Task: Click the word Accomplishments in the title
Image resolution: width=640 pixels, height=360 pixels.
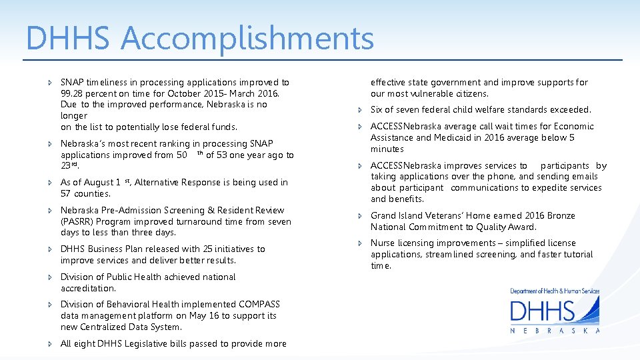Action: (x=247, y=39)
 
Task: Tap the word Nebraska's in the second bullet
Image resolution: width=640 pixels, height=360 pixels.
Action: (x=84, y=143)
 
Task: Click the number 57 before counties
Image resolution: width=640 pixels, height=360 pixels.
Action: (x=66, y=193)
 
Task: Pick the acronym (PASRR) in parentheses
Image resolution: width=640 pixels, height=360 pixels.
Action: (x=77, y=221)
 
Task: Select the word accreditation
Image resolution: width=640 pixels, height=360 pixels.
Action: (x=88, y=288)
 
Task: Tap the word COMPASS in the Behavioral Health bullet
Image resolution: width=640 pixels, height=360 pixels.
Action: (x=259, y=304)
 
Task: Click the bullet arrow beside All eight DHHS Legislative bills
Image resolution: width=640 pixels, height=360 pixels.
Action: (x=51, y=344)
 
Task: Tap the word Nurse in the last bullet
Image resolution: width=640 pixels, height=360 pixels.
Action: (x=383, y=243)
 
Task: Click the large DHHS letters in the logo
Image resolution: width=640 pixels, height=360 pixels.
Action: (x=542, y=311)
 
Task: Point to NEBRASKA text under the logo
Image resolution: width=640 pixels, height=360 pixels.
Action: (x=555, y=330)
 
